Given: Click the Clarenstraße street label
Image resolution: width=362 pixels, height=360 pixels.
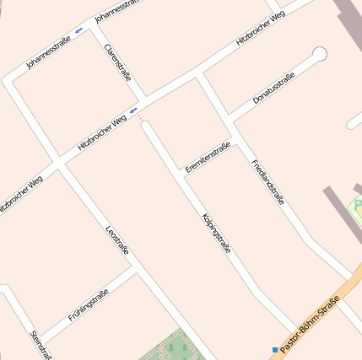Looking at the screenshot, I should [116, 63].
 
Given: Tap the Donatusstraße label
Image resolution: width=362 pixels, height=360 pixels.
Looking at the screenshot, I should [274, 91].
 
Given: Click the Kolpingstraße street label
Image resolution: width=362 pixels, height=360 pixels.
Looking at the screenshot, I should [217, 233].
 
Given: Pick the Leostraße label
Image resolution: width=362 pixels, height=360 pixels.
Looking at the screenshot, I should [117, 240].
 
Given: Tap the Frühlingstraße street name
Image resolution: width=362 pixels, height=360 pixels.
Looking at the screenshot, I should [88, 305].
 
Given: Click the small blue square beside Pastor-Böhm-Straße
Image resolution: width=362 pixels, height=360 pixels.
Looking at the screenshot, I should [274, 349].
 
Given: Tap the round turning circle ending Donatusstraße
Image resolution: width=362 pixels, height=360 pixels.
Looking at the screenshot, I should [319, 55].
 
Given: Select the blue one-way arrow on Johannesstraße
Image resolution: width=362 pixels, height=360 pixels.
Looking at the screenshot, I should [79, 30].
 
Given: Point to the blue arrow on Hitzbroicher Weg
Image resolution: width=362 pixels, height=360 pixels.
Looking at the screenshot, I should [133, 110].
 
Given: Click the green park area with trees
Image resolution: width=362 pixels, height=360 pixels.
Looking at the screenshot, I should [173, 346].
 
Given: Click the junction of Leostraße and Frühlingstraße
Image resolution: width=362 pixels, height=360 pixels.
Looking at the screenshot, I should [138, 270].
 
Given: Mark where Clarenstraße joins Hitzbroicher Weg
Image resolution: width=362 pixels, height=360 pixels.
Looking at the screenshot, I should [143, 101].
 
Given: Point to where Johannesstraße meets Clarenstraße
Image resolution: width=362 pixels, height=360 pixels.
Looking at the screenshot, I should [92, 24].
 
